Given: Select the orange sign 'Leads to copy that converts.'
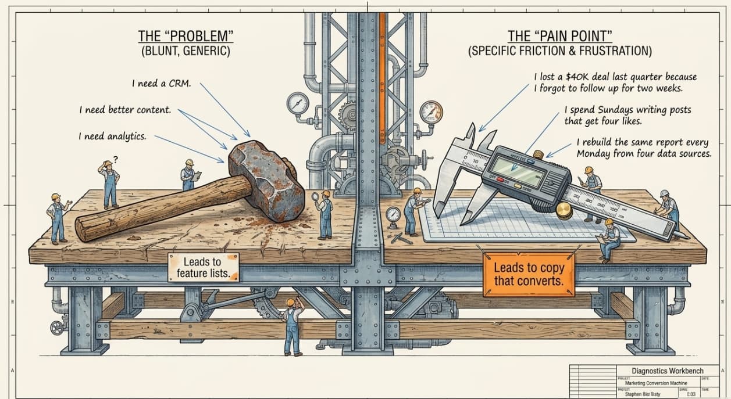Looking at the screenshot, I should (x=529, y=275).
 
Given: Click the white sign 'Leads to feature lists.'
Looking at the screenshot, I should (x=203, y=267).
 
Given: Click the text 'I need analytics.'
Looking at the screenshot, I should (x=112, y=136).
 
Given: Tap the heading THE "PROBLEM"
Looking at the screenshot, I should (x=186, y=36).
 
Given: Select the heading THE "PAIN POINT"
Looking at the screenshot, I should (x=559, y=36).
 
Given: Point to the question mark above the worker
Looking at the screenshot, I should (x=115, y=159).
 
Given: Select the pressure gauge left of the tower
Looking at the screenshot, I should (x=297, y=103).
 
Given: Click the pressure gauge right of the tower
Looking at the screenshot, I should (x=430, y=112).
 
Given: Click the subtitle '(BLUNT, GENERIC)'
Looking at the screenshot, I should (x=186, y=51).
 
